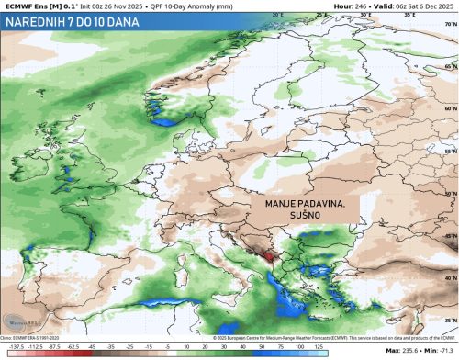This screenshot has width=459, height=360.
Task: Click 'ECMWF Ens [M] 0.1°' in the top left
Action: pyautogui.click(x=38, y=5)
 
